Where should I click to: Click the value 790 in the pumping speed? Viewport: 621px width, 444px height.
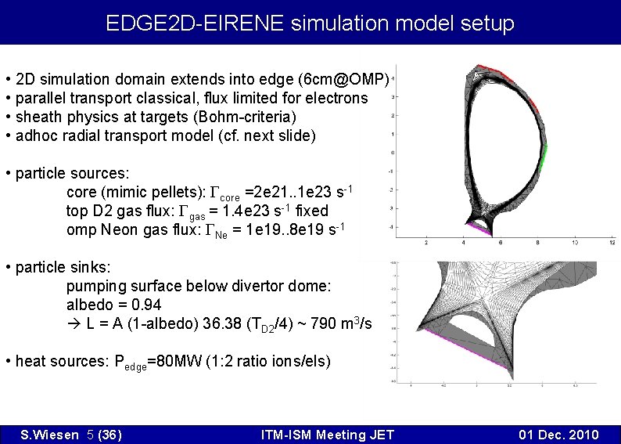(324, 323)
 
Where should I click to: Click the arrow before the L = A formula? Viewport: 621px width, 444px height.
(74, 323)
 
